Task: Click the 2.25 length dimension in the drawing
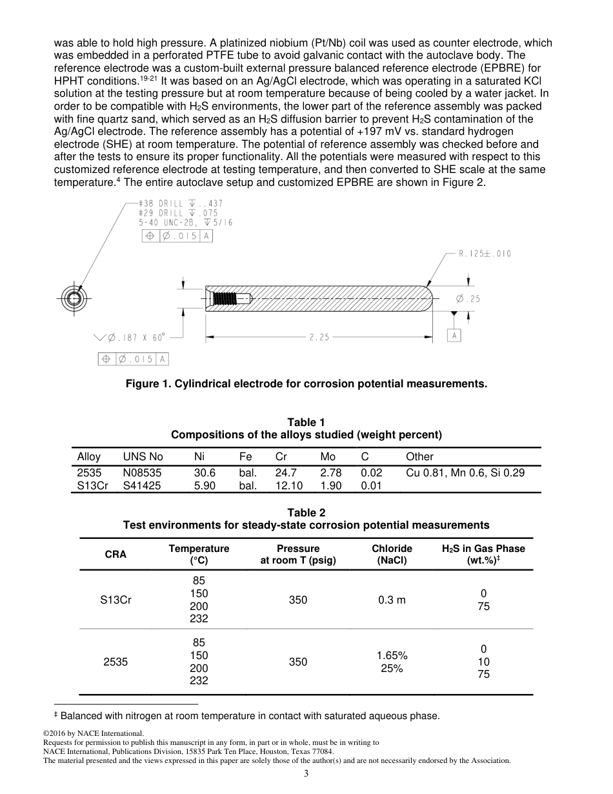click(x=319, y=336)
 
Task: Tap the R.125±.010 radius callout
click(x=485, y=254)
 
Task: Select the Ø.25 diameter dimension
click(x=468, y=299)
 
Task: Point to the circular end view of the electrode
click(x=73, y=298)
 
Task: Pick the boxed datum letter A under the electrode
click(x=454, y=335)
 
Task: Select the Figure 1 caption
click(x=306, y=384)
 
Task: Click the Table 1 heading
click(x=306, y=422)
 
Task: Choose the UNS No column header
click(x=143, y=456)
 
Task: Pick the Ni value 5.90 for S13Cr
click(x=205, y=485)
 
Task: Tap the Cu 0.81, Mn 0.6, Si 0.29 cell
click(x=465, y=473)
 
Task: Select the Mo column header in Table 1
click(x=328, y=456)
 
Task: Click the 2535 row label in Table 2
click(x=116, y=662)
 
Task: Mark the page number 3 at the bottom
click(x=306, y=774)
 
